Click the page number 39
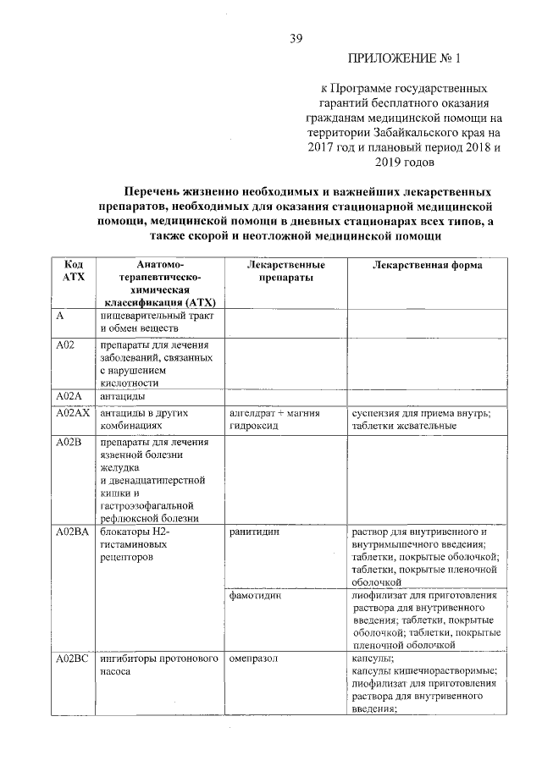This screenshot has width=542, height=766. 296,38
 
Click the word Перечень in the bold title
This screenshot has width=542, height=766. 159,192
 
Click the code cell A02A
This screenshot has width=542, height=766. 67,396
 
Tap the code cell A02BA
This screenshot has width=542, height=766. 71,532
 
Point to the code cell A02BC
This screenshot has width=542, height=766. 71,658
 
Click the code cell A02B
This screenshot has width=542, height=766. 66,443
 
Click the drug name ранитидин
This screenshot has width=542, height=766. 254,532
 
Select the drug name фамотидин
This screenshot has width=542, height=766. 255,596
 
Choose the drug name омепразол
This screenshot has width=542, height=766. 253,658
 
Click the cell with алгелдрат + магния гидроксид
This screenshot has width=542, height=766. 272,419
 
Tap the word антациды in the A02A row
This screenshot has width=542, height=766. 123,396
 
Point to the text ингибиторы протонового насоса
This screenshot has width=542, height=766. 158,664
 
